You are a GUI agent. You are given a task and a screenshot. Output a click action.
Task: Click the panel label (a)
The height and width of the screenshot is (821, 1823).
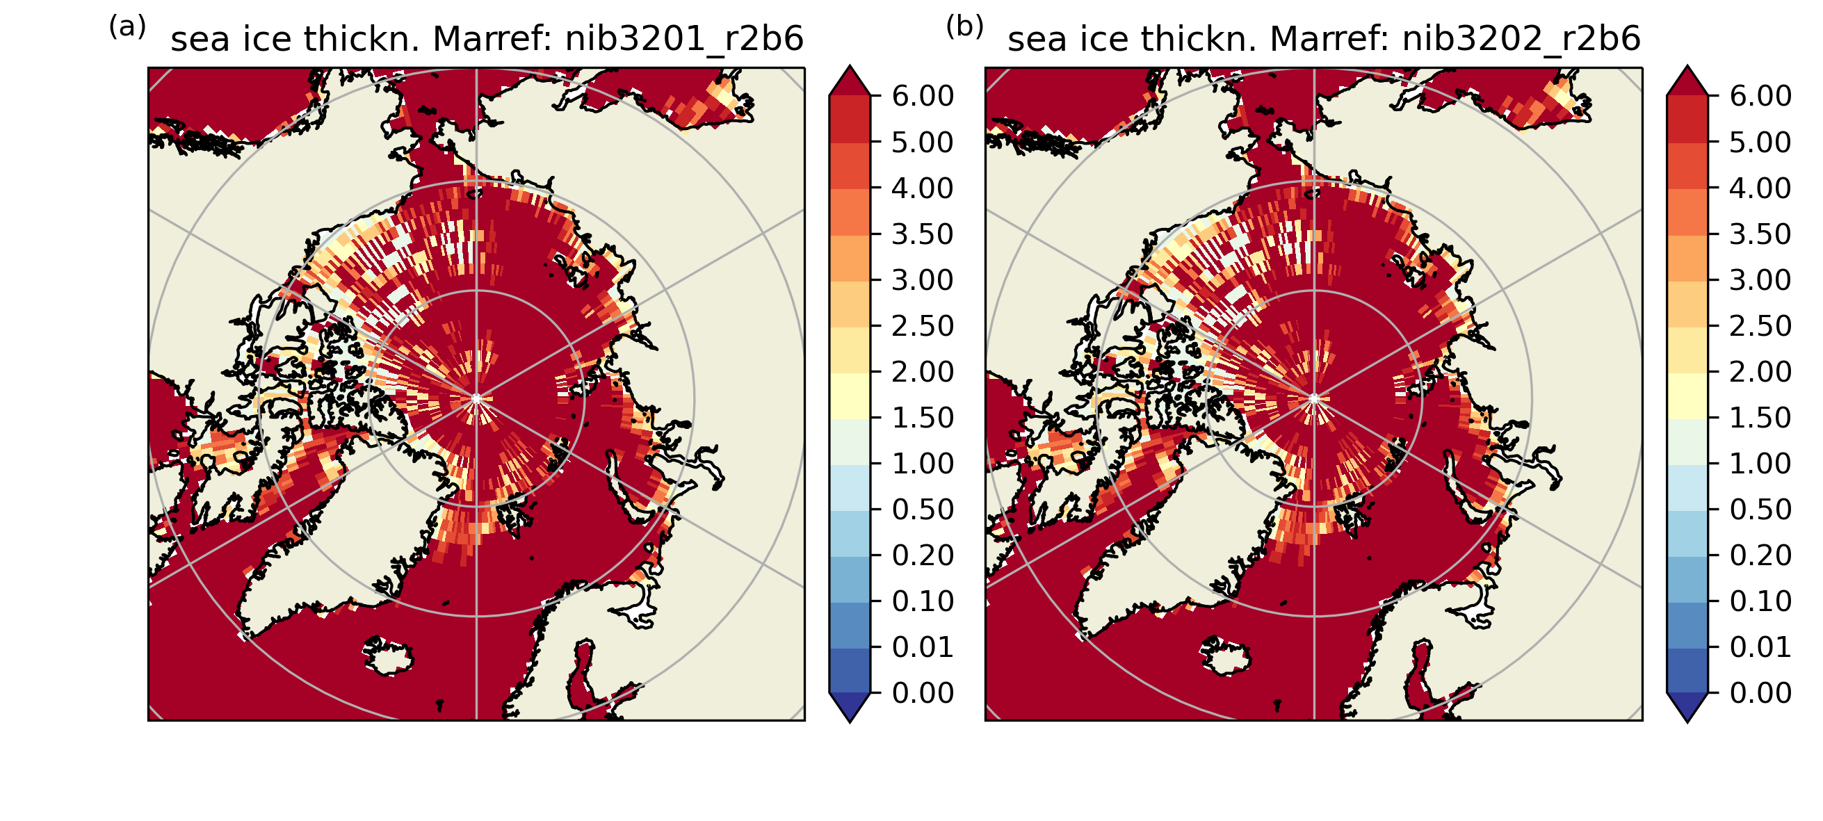tap(127, 28)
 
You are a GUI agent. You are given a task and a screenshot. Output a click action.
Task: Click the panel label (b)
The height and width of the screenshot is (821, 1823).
tap(964, 28)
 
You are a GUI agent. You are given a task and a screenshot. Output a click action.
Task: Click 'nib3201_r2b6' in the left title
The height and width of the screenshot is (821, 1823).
tap(684, 39)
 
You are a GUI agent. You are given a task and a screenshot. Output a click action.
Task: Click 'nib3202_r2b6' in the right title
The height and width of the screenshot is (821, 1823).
tap(1521, 39)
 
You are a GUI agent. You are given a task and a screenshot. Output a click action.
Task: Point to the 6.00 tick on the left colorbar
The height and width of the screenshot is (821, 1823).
tap(923, 96)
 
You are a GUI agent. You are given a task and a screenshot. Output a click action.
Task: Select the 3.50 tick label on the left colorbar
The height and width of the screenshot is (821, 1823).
tap(923, 234)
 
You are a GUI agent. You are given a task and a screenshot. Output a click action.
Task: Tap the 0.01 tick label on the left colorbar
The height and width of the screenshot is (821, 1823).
tap(923, 647)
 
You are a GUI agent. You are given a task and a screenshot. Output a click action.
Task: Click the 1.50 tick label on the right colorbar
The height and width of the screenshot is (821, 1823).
tap(1760, 418)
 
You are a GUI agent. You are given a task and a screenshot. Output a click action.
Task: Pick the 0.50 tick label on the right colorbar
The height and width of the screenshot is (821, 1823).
tap(1760, 510)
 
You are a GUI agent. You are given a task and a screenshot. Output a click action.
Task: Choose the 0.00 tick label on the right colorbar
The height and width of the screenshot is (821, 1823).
tap(1760, 693)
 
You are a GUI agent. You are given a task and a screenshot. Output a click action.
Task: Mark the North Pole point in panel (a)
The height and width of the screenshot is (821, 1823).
tap(476, 399)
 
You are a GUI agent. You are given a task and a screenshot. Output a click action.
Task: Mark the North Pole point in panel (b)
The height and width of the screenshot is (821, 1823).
tap(1314, 399)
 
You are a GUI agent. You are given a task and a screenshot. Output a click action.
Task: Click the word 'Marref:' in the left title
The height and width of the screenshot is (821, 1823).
tap(492, 39)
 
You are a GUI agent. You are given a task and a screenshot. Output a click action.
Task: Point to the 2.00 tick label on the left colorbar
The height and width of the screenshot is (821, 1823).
tap(923, 372)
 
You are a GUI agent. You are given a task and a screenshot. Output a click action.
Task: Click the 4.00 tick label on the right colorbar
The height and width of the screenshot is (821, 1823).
tap(1760, 188)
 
